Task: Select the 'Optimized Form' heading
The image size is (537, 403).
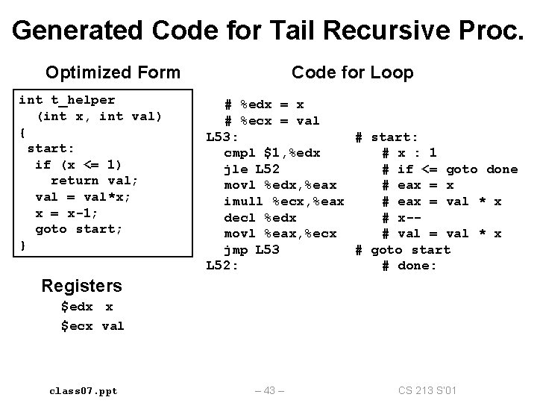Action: pyautogui.click(x=113, y=72)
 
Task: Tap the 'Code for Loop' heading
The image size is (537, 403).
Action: pyautogui.click(x=352, y=72)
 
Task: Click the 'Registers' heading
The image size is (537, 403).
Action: pyautogui.click(x=82, y=285)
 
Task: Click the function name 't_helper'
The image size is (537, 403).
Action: pyautogui.click(x=83, y=99)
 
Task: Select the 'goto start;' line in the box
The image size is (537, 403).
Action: pyautogui.click(x=72, y=229)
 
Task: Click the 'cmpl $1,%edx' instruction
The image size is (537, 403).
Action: pyautogui.click(x=272, y=152)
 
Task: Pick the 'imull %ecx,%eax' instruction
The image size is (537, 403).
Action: pyautogui.click(x=284, y=201)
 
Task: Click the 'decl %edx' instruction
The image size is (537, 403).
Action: pyautogui.click(x=260, y=218)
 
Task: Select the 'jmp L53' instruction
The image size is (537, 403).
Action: pyautogui.click(x=252, y=250)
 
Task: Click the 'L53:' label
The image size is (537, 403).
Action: pyautogui.click(x=222, y=137)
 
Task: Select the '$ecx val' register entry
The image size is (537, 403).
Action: pyautogui.click(x=92, y=325)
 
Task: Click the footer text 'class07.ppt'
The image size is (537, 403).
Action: pyautogui.click(x=84, y=390)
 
